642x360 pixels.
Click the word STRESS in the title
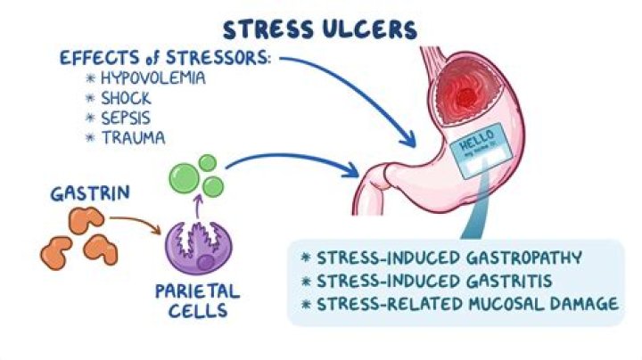267,29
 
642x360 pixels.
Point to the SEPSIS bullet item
127,118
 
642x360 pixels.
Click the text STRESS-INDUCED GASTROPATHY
441,258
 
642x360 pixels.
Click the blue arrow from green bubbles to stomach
294,160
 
